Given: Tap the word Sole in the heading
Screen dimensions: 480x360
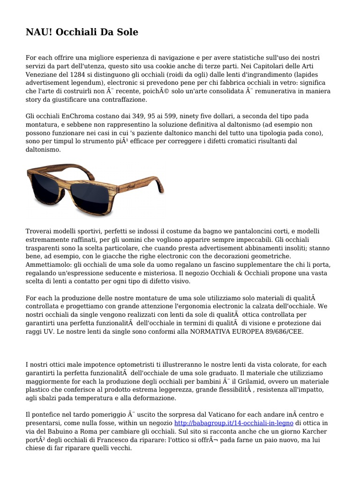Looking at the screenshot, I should pos(126,32).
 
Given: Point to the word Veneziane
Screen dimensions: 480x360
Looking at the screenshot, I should pos(42,74).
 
